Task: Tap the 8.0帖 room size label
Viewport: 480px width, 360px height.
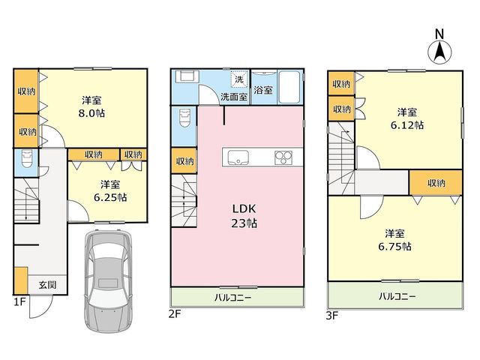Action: [91, 113]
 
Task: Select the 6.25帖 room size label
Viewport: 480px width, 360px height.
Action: [110, 197]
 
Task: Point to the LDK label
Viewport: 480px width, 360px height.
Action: [244, 208]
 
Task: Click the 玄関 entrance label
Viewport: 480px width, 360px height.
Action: [47, 285]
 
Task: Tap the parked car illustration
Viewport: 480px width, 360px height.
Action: [108, 280]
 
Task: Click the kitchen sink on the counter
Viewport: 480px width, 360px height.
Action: [238, 157]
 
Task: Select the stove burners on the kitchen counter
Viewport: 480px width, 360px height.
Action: [283, 157]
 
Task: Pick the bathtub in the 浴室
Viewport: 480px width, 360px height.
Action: [289, 88]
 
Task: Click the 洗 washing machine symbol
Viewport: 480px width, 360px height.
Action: [238, 79]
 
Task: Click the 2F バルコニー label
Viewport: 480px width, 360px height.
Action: [232, 298]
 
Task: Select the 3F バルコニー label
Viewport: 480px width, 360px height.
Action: [397, 296]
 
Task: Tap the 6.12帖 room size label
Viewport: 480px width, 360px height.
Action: [407, 125]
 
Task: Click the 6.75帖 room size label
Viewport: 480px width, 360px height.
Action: [395, 247]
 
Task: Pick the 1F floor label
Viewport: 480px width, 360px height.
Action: [19, 302]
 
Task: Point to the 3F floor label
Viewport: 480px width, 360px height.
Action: [331, 315]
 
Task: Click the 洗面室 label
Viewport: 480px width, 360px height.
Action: [234, 97]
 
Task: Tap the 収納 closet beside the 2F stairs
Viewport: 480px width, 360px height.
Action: [184, 160]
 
